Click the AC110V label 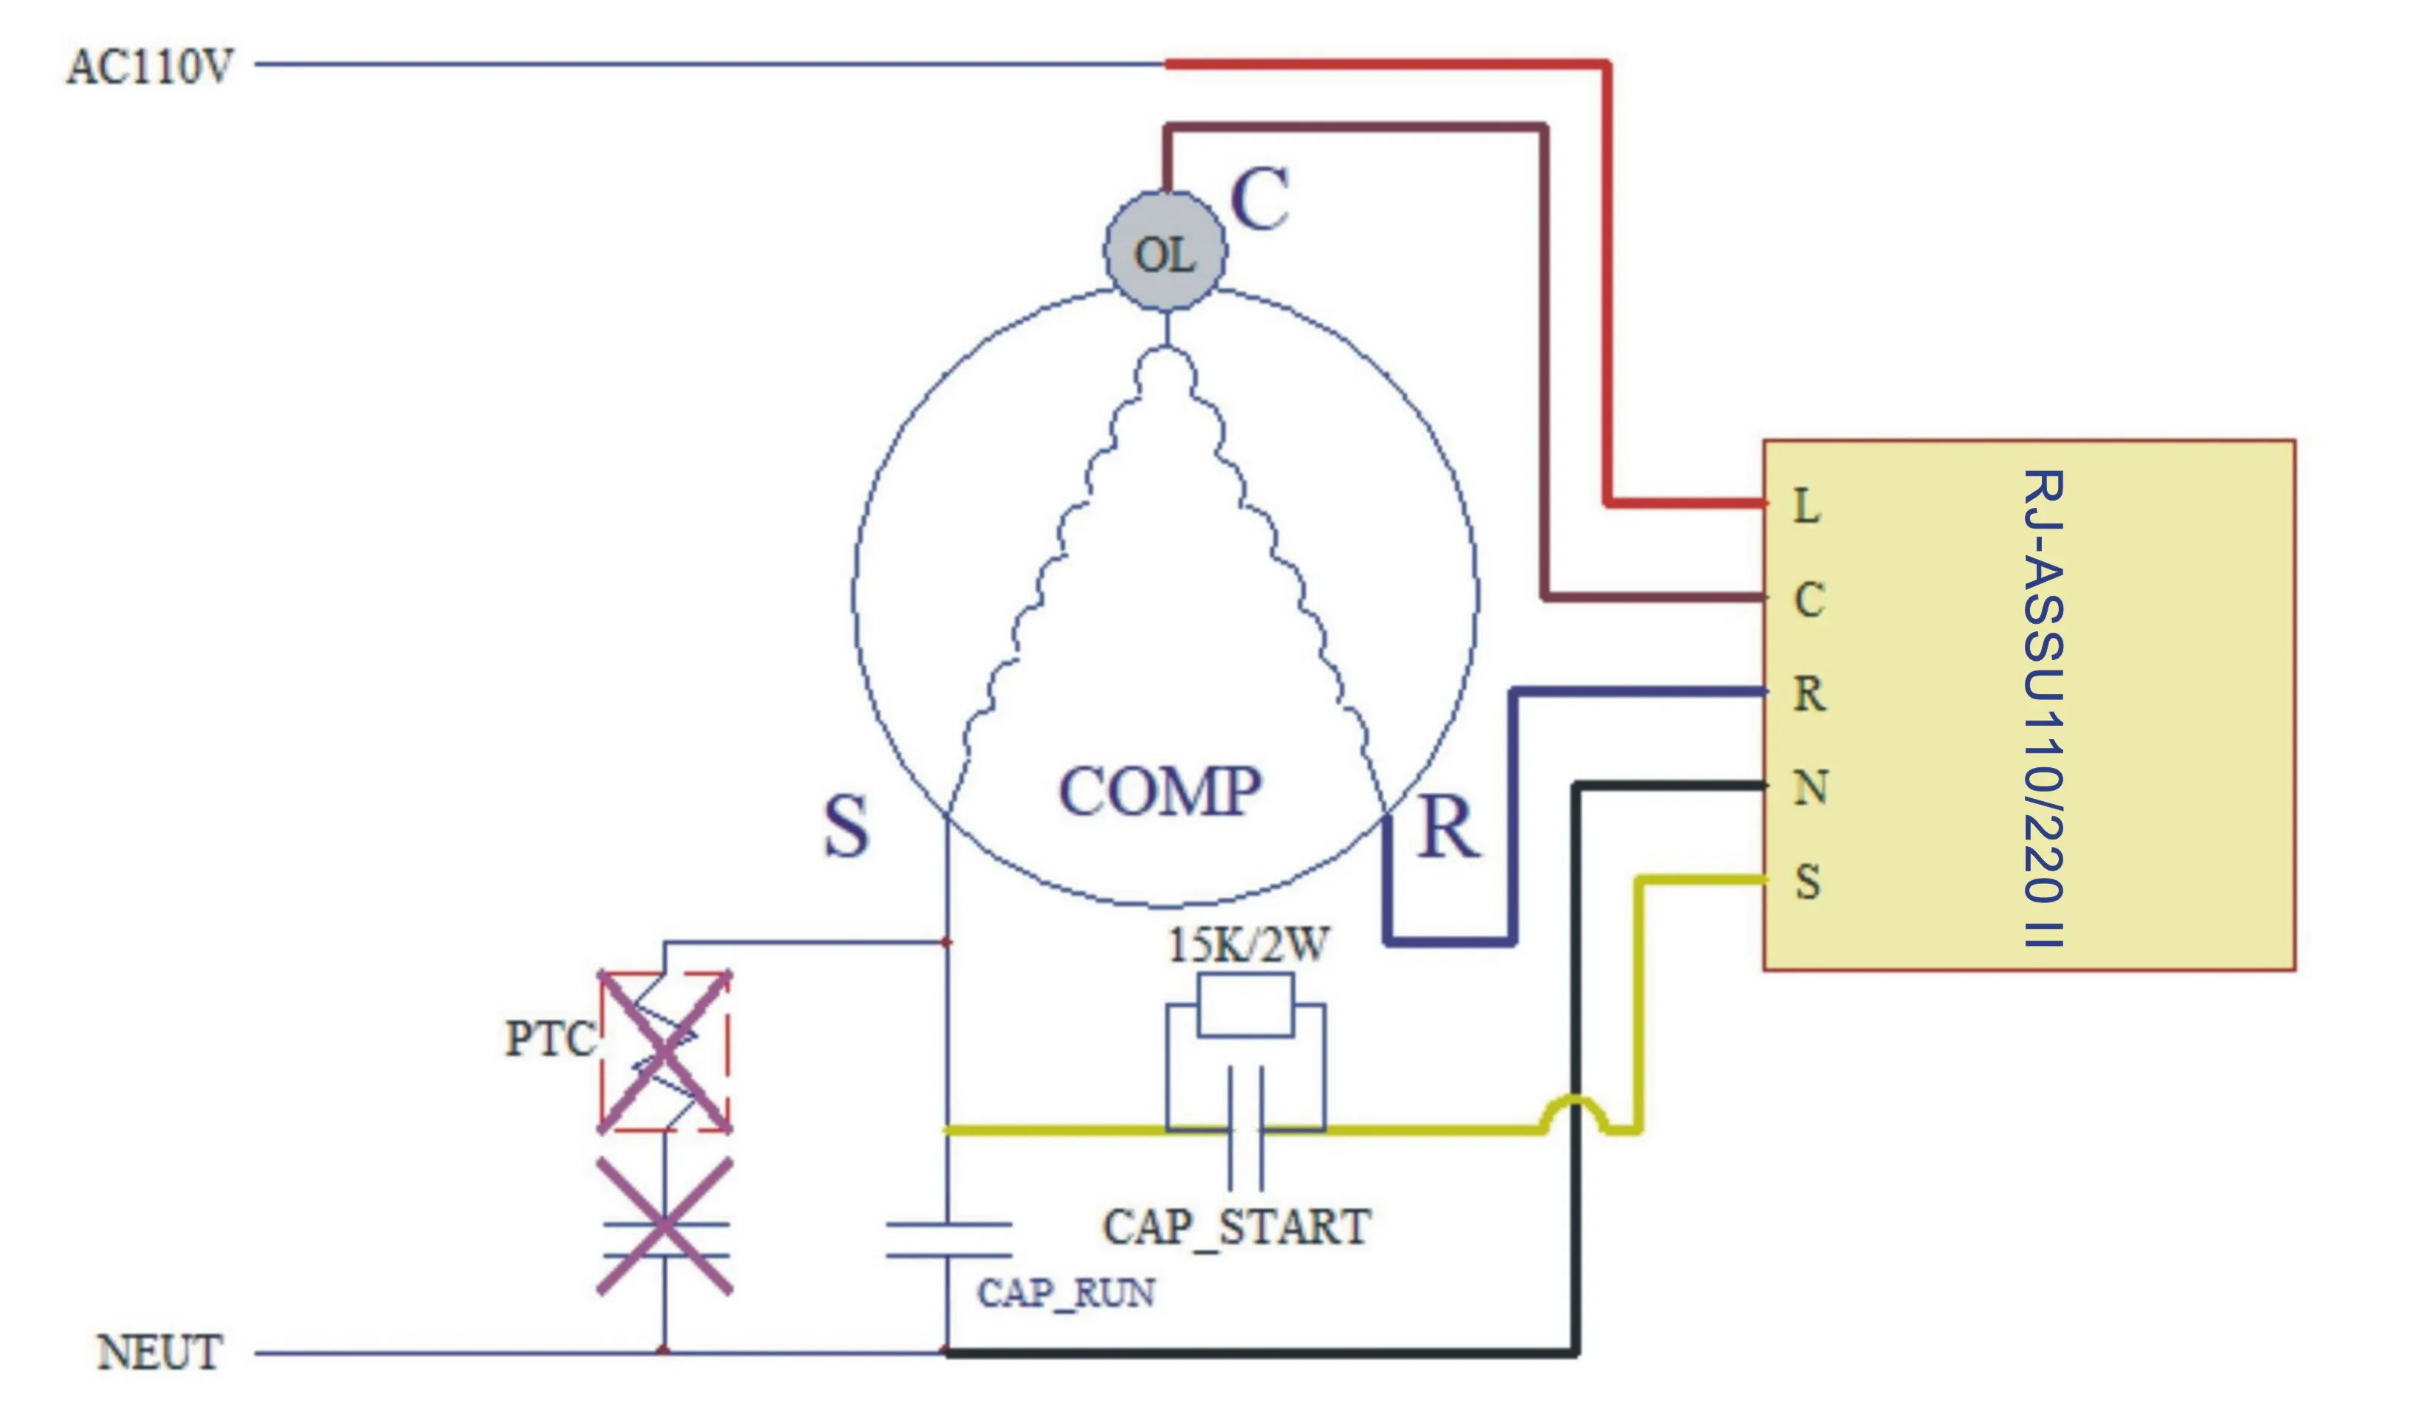coord(150,67)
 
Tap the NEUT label coord(159,1353)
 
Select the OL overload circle coord(1165,252)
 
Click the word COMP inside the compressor coord(1160,792)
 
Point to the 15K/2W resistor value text coord(1248,946)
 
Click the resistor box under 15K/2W coord(1245,1006)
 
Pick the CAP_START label coord(1237,1227)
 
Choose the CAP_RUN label coord(1066,1294)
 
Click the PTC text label coord(550,1039)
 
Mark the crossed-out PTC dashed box coord(665,1051)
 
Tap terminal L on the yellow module coord(1807,507)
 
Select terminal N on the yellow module coord(1810,788)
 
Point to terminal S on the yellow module coord(1808,882)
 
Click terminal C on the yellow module coord(1809,601)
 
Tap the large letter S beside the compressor coord(846,827)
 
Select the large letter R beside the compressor coord(1448,828)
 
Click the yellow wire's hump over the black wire coord(1575,1105)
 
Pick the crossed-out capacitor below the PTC coord(665,1227)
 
